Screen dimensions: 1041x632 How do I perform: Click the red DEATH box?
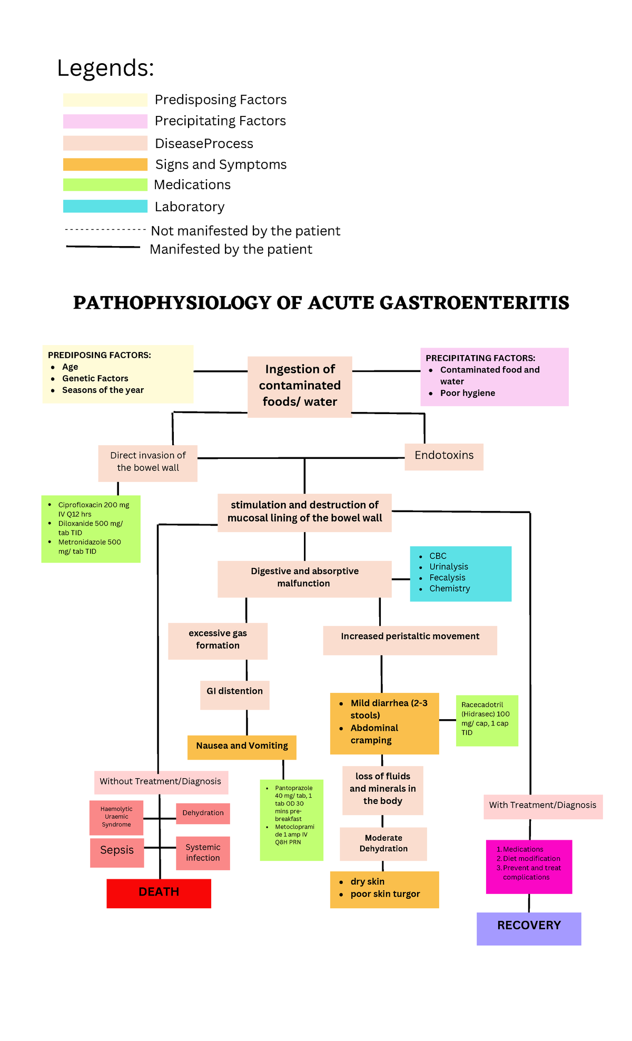(x=159, y=893)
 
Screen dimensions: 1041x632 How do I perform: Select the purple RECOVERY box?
(x=529, y=928)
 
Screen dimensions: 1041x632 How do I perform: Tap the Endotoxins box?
(x=443, y=456)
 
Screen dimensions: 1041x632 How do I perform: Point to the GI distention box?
(x=234, y=694)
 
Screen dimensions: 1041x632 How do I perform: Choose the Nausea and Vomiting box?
(x=242, y=747)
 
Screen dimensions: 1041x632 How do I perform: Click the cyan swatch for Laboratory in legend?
(x=105, y=206)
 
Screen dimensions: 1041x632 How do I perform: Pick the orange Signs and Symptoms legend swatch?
(x=105, y=164)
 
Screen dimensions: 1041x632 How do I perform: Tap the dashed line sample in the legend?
(x=105, y=230)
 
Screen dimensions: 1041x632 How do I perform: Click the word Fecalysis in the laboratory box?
(x=447, y=577)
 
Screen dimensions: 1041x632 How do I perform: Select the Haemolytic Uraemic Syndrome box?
(x=116, y=817)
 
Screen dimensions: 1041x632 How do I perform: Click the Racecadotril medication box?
(x=486, y=720)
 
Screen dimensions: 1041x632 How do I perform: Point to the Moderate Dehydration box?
(x=383, y=843)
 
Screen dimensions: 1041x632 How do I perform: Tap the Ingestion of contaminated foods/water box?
(x=300, y=386)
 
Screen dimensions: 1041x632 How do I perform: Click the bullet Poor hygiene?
(x=468, y=393)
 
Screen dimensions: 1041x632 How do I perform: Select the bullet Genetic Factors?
(x=95, y=378)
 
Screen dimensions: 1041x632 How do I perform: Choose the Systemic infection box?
(x=203, y=852)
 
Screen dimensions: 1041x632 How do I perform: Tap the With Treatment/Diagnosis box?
(x=542, y=806)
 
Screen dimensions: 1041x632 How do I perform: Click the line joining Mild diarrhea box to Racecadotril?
(x=447, y=720)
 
